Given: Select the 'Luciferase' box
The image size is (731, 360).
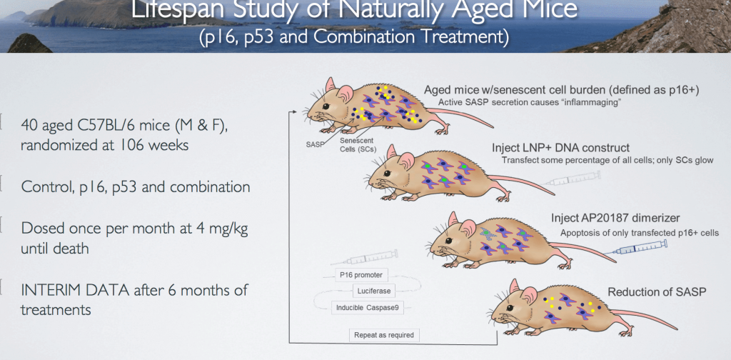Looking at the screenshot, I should click(x=373, y=291).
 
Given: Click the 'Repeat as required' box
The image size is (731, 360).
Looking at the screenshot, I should click(x=383, y=334).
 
